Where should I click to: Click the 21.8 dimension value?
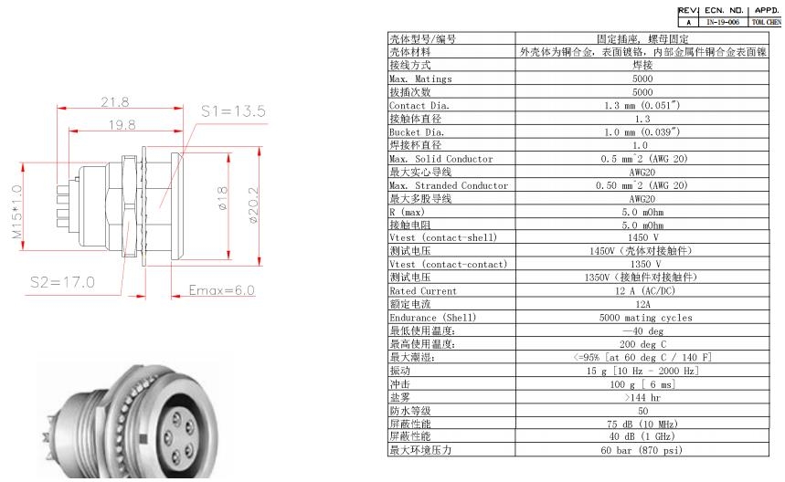pyautogui.click(x=115, y=101)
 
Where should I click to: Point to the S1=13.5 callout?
pyautogui.click(x=232, y=111)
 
